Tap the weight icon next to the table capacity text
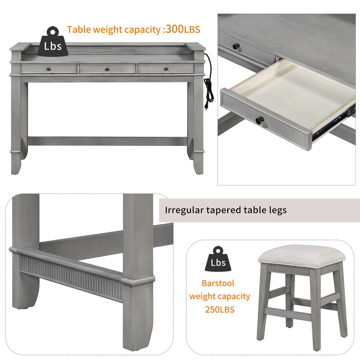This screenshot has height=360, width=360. (53, 42)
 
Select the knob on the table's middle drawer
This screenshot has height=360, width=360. (107, 69)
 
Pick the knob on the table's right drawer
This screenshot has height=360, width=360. (166, 69)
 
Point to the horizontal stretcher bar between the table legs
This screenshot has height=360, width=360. (107, 141)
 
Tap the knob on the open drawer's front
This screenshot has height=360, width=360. (260, 121)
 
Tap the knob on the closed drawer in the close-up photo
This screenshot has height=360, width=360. (235, 46)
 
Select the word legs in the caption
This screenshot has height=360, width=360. (276, 210)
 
